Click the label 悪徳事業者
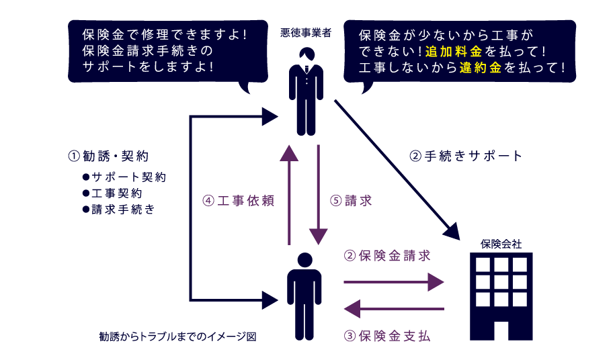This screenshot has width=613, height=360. (x=306, y=33)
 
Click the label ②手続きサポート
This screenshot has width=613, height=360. (x=466, y=156)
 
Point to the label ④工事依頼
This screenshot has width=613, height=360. (x=239, y=200)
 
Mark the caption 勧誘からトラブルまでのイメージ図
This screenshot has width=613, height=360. (x=177, y=335)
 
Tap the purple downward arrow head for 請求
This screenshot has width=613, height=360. (x=318, y=236)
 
